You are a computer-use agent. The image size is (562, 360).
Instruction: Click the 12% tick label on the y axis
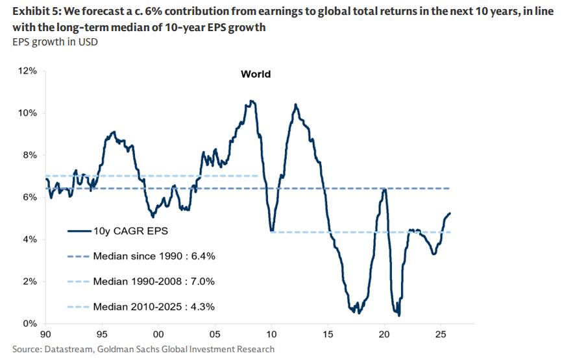(x=27, y=71)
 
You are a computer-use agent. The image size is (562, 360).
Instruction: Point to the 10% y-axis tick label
(x=27, y=113)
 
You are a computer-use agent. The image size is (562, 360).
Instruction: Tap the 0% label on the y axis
(x=29, y=323)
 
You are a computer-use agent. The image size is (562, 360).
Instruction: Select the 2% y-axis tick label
(x=29, y=281)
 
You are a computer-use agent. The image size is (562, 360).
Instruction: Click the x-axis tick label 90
(x=45, y=334)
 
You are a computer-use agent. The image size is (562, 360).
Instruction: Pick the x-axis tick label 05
(x=215, y=334)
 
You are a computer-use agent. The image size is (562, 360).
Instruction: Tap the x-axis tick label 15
(x=328, y=334)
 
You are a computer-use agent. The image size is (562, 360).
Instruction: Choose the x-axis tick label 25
(x=441, y=334)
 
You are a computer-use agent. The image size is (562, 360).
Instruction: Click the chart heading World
(x=256, y=74)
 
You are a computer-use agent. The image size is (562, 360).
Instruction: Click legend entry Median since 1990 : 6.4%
(x=154, y=256)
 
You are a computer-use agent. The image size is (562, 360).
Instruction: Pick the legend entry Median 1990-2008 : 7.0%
(x=154, y=282)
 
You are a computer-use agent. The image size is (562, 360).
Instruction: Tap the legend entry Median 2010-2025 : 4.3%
(x=154, y=307)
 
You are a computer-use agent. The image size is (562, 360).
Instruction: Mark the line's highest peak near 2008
(x=251, y=101)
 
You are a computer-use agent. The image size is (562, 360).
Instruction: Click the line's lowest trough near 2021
(x=399, y=316)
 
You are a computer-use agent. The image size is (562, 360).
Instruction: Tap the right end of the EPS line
(x=450, y=213)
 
